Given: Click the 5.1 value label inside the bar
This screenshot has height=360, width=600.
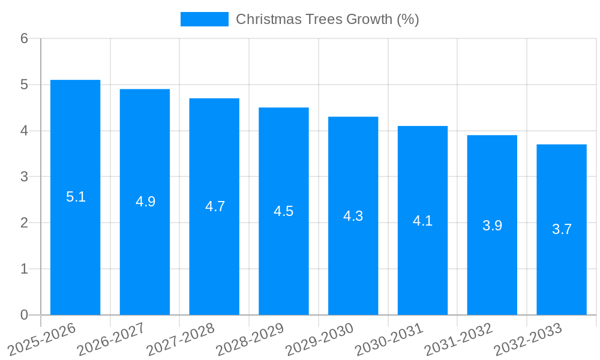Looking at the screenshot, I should [76, 197].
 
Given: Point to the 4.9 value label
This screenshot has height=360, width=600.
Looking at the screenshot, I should [145, 202].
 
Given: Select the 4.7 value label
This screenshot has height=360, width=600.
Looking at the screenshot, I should [215, 206].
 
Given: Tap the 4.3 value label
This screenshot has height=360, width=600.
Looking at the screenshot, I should [353, 216].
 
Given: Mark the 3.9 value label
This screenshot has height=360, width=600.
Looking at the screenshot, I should [492, 226].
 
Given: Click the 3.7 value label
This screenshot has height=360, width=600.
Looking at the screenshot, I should [562, 229].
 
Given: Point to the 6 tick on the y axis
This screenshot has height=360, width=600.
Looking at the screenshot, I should [24, 38].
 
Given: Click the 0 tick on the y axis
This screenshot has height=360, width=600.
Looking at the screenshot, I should [24, 315].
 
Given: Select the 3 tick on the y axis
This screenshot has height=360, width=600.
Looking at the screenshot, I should [24, 177].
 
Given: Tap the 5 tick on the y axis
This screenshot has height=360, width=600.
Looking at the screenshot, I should [24, 85].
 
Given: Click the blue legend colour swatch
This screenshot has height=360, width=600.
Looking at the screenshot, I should [204, 19].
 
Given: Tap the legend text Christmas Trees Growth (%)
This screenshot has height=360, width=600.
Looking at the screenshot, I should [327, 19].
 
